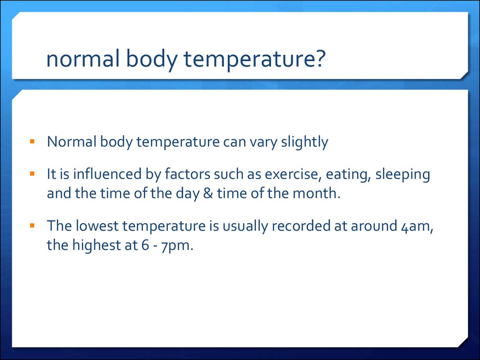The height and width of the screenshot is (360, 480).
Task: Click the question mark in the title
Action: pos(319,58)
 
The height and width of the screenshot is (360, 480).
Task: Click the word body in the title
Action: pos(151,60)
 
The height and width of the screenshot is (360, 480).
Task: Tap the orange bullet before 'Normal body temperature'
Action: pos(32,141)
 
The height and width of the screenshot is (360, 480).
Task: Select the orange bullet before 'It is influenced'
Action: pos(32,173)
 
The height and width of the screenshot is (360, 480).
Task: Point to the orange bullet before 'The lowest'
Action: pos(32,225)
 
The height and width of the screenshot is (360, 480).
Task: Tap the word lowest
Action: pos(97,226)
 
